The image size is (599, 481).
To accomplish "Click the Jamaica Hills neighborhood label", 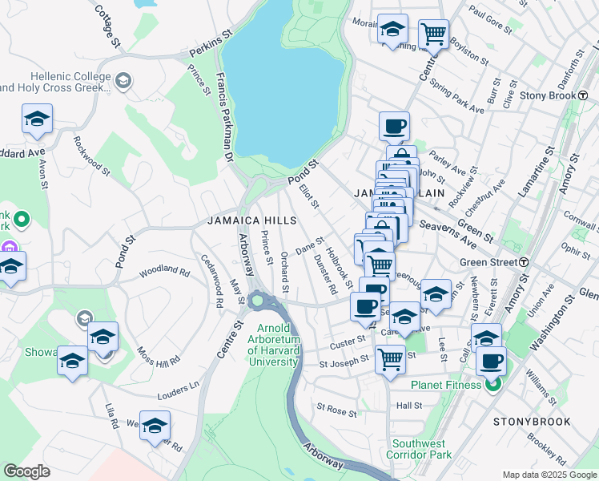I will click(x=251, y=220).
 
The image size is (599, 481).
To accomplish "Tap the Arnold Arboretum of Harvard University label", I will click(x=278, y=346).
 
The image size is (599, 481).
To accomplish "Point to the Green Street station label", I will click(x=488, y=262).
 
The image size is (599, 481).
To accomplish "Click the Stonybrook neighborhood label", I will click(x=532, y=421).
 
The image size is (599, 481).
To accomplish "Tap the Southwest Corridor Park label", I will click(x=422, y=449).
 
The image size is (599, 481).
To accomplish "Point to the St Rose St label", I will click(x=336, y=410).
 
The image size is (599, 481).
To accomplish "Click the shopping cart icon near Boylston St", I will click(x=433, y=34).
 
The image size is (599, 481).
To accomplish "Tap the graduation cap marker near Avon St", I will click(x=37, y=119).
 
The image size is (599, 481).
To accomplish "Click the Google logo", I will click(x=26, y=471).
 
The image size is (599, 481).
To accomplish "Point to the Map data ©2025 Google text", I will click(x=549, y=475).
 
